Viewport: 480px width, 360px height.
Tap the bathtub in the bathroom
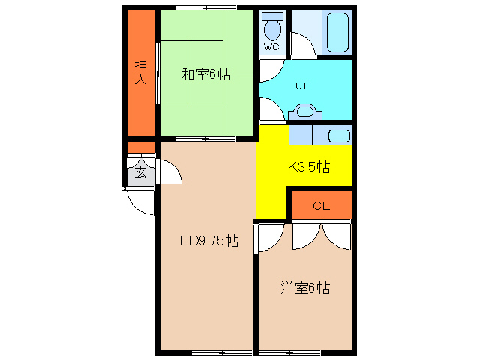pos(337,32)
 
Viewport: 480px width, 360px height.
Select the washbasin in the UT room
pos(305,112)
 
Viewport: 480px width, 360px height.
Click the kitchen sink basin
pos(339,136)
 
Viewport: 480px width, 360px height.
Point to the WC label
pos(271,47)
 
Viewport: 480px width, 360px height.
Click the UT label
pos(301,86)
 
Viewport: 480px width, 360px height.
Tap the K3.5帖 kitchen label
pos(308,167)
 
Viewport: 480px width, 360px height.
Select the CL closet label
pos(322,206)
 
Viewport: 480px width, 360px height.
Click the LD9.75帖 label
pos(209,240)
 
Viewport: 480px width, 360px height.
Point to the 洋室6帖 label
pos(305,288)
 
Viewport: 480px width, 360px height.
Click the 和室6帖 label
pos(206,73)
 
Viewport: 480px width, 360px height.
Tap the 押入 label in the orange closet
pos(141,72)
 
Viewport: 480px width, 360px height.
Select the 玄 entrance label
pos(141,173)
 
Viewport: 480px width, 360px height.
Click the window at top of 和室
pos(206,7)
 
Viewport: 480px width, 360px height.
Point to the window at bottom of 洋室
pos(289,352)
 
